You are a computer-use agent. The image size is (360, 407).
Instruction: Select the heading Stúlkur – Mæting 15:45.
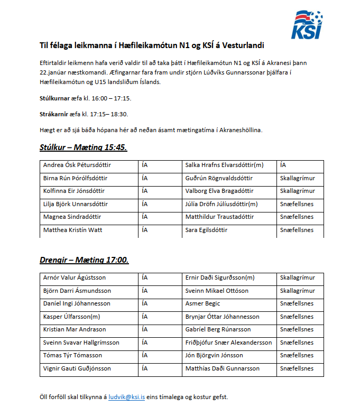[x=83, y=147]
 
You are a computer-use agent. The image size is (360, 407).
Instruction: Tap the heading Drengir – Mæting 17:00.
[x=84, y=260]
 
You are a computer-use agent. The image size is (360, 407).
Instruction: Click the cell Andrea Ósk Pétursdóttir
[x=77, y=165]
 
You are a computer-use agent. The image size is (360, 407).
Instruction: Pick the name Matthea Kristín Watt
[x=73, y=230]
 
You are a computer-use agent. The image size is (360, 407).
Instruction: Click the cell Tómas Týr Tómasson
[x=72, y=355]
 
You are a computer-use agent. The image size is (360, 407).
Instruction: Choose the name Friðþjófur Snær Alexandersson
[x=228, y=343]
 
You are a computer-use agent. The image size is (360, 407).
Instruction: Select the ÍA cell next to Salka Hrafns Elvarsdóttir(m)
[x=283, y=165]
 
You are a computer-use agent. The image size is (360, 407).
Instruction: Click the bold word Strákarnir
[x=56, y=114]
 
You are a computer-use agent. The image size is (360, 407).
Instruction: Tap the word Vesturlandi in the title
[x=236, y=45]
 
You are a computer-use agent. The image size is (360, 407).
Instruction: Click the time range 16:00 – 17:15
[x=111, y=98]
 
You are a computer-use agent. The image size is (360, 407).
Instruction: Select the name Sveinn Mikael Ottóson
[x=217, y=291]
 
